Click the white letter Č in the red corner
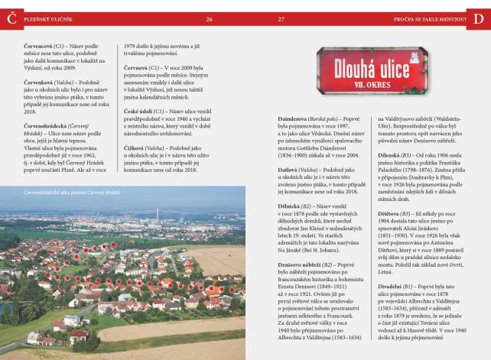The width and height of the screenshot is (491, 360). tap(11, 17)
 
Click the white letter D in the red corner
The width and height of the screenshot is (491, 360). tap(480, 17)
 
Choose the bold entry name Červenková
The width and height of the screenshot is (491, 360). tap(42, 80)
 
